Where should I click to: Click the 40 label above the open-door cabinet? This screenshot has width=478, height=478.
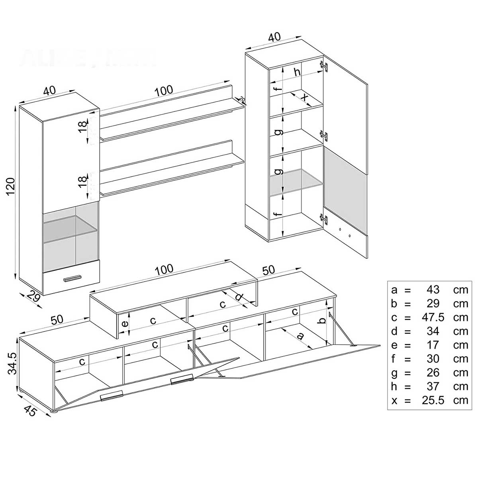pyautogui.click(x=274, y=37)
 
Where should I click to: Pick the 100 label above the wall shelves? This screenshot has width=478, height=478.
pyautogui.click(x=164, y=91)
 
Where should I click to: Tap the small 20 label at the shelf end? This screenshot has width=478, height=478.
pyautogui.click(x=242, y=99)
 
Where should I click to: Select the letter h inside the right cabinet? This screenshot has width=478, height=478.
pyautogui.click(x=297, y=72)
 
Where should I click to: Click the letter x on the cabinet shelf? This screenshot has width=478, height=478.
pyautogui.click(x=304, y=97)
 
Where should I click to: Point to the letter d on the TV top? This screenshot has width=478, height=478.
pyautogui.click(x=239, y=297)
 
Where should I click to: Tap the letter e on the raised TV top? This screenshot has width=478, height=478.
pyautogui.click(x=125, y=324)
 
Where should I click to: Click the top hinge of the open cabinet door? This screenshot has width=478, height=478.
pyautogui.click(x=325, y=66)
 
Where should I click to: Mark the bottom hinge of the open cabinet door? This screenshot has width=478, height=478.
pyautogui.click(x=325, y=218)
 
